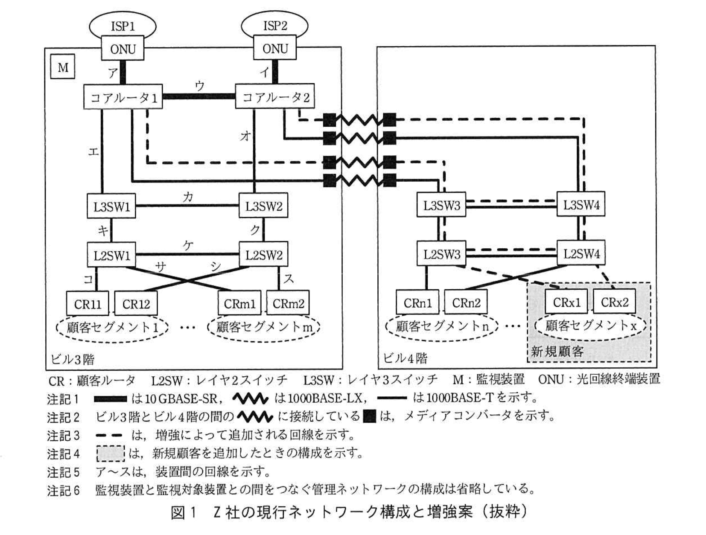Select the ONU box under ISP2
click(275, 49)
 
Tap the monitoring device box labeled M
click(63, 67)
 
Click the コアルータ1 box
click(123, 97)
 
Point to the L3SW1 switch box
click(111, 206)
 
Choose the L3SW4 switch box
click(581, 205)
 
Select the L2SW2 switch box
click(263, 255)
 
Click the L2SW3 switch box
click(441, 254)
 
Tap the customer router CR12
click(136, 304)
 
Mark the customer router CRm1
click(239, 303)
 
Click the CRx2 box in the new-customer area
click(614, 302)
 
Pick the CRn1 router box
click(417, 303)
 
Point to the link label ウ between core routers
click(199, 85)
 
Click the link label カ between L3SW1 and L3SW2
click(187, 197)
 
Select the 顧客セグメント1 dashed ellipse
click(112, 327)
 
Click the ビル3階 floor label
click(72, 359)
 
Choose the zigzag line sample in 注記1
click(251, 398)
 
